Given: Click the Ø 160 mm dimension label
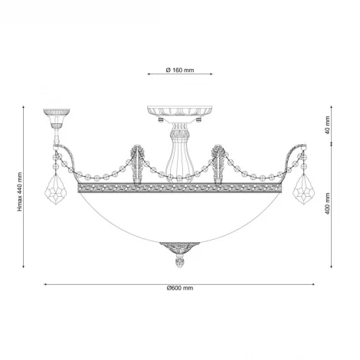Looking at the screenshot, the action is tap(180, 70).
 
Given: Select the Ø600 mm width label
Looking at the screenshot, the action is tap(180, 288).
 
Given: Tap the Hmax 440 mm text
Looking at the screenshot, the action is tap(20, 191).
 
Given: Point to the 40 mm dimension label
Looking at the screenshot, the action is tap(328, 125).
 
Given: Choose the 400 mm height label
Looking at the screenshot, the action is tap(328, 204).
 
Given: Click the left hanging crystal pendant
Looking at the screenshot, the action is tap(55, 189).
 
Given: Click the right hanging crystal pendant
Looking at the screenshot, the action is tap(303, 189).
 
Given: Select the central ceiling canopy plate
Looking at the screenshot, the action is tap(180, 110).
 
